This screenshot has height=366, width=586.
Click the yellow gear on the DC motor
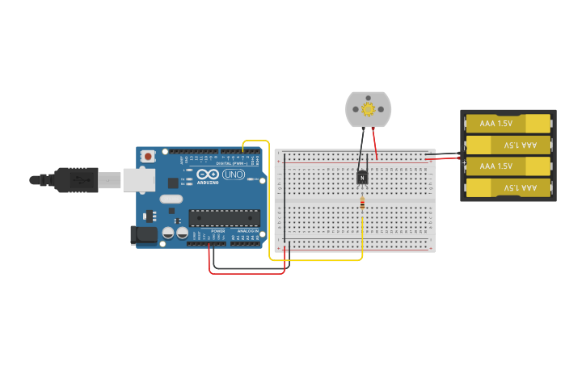pos(369,108)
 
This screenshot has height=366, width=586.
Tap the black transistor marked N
pos(363,176)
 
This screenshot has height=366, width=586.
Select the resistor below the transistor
pos(362,204)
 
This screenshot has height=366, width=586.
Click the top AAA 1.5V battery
pos(508,124)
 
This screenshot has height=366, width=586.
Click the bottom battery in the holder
pos(508,187)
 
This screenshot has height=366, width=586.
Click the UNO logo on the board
pos(234,175)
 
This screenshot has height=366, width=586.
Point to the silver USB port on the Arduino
pos(138,179)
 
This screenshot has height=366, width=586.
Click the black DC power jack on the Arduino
pos(144,235)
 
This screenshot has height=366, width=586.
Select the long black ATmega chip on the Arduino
pos(224,218)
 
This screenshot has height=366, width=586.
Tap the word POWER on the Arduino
pos(218,231)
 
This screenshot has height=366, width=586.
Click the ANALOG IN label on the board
pos(248,231)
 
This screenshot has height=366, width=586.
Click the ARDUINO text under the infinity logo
pos(208,183)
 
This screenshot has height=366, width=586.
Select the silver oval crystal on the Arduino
pos(171,199)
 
